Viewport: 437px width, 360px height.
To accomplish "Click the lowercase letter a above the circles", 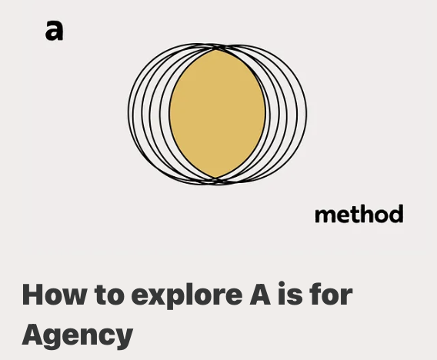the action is tap(55, 30).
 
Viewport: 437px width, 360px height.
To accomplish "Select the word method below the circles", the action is tap(359, 214).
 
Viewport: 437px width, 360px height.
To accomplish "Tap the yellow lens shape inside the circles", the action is tap(217, 114).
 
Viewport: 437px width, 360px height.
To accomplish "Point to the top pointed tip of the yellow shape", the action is tap(216, 50).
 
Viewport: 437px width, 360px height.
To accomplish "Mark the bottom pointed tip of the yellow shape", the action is tap(216, 178).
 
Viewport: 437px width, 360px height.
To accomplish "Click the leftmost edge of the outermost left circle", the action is tap(128, 113).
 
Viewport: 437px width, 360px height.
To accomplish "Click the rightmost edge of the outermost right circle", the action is tap(306, 115).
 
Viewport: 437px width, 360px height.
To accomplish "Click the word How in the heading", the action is tap(54, 295).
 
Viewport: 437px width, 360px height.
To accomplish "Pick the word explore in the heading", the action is tap(187, 296).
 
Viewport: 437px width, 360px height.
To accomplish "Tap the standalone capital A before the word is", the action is tap(260, 295).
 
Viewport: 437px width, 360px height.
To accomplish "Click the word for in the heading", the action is tap(331, 294).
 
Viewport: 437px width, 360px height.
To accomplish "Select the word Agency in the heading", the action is tap(78, 335).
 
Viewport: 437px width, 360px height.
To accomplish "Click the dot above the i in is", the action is tap(282, 284).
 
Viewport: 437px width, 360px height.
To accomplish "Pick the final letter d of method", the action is tap(395, 214).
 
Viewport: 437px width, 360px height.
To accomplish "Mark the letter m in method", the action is tap(325, 215).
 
